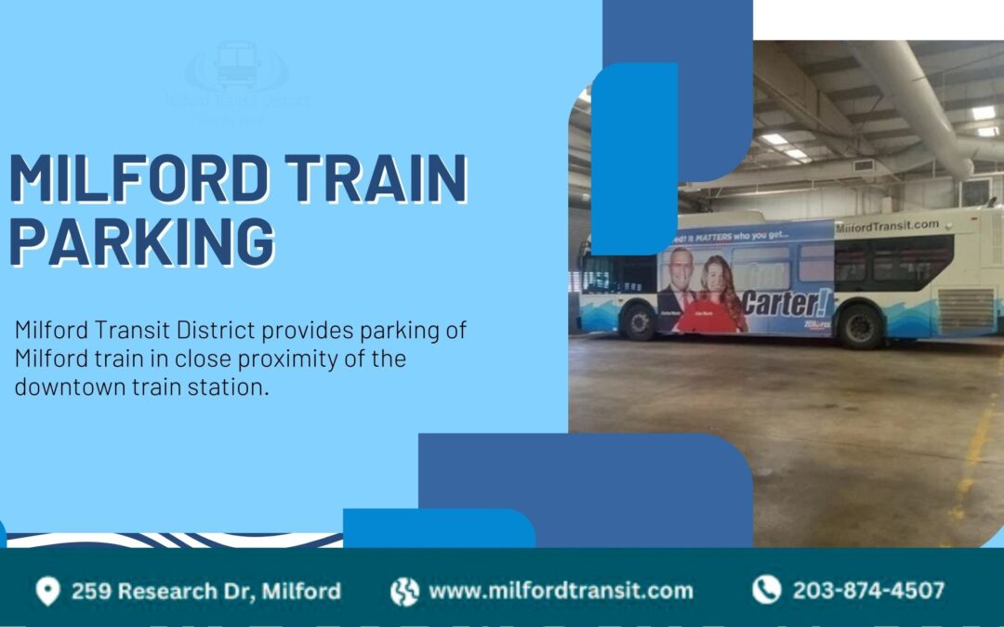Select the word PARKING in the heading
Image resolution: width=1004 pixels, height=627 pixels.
point(142,241)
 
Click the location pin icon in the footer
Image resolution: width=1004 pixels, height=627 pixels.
point(47,591)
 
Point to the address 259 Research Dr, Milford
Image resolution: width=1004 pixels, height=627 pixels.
point(205,591)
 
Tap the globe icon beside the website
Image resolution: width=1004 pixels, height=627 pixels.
point(404,591)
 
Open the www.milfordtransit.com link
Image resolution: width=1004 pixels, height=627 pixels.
point(560,591)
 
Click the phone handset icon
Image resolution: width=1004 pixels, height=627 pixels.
point(766,590)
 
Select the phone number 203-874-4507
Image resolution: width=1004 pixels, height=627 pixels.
point(867,591)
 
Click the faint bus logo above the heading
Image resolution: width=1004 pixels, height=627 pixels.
point(236,65)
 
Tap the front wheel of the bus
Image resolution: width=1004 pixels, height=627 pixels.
point(639,321)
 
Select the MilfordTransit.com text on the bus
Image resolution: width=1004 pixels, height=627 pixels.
point(887,226)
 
